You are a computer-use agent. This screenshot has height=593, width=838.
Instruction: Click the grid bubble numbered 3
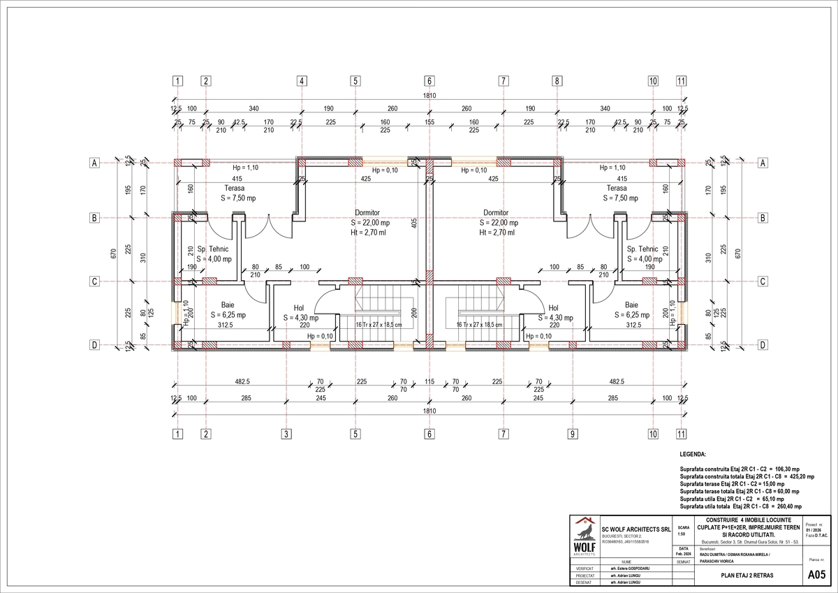(286, 434)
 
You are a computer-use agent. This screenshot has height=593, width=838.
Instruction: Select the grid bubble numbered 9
(572, 434)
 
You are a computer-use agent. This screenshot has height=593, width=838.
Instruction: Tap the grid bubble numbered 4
(302, 81)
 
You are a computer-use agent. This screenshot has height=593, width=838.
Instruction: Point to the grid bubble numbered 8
(557, 81)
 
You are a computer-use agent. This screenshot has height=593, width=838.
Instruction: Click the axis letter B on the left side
(93, 218)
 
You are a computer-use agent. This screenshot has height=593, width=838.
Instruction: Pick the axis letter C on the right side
(763, 281)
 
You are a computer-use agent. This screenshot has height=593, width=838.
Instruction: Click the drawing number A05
(816, 575)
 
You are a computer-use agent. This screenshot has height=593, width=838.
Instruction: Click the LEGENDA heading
(693, 454)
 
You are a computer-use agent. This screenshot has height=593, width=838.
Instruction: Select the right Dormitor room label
(496, 212)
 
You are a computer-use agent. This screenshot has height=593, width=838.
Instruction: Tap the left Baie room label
(228, 305)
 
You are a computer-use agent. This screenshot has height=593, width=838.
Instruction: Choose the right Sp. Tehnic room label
(642, 249)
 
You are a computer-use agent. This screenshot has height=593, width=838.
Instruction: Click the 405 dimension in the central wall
(414, 224)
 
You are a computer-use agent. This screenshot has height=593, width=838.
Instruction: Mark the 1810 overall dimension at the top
(429, 96)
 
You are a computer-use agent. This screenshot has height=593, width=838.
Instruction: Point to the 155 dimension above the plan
(429, 122)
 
